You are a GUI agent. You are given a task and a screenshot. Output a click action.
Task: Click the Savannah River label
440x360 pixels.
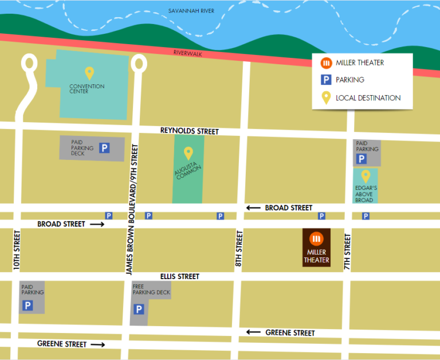pyautogui.click(x=190, y=11)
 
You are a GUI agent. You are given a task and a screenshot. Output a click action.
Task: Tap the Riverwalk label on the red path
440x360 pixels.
pyautogui.click(x=188, y=53)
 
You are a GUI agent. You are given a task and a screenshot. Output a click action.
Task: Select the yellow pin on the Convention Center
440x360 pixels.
pyautogui.click(x=89, y=73)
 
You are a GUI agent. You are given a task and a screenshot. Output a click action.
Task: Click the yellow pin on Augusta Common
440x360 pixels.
pyautogui.click(x=187, y=153)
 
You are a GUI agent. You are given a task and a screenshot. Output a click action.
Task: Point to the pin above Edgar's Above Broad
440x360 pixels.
pyautogui.click(x=364, y=177)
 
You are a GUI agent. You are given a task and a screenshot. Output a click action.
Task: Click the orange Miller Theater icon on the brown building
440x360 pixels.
pyautogui.click(x=316, y=238)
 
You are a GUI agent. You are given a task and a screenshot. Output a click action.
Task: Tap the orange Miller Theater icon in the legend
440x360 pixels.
pyautogui.click(x=325, y=62)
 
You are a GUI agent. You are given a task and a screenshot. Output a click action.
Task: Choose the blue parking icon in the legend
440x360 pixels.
pyautogui.click(x=325, y=80)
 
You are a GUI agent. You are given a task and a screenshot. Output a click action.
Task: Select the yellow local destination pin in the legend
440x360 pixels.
pyautogui.click(x=325, y=97)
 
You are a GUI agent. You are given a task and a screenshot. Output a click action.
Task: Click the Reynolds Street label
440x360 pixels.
pyautogui.click(x=189, y=131)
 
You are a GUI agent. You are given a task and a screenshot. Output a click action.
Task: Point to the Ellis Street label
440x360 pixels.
pyautogui.click(x=180, y=276)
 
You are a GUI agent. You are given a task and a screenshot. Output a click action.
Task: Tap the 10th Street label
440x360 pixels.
pyautogui.click(x=17, y=251)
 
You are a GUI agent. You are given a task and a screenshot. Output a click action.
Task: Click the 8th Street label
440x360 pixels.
pyautogui.click(x=239, y=250)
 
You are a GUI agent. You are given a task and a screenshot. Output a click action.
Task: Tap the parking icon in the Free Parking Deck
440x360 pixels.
pyautogui.click(x=138, y=310)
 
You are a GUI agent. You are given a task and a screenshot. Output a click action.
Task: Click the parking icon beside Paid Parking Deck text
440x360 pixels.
pyautogui.click(x=104, y=148)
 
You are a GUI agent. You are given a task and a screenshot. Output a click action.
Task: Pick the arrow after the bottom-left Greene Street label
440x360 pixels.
pyautogui.click(x=98, y=345)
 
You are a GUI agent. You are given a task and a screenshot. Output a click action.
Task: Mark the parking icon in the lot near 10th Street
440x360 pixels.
pyautogui.click(x=27, y=306)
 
